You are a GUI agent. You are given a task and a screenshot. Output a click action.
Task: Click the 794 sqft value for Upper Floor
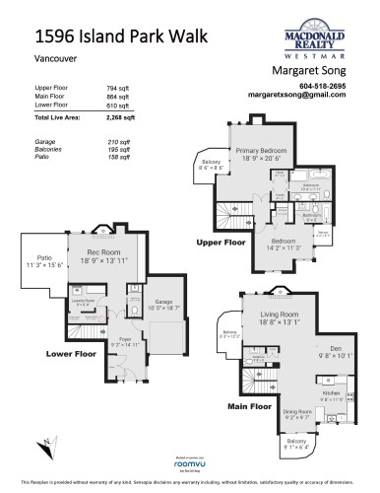118,88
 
